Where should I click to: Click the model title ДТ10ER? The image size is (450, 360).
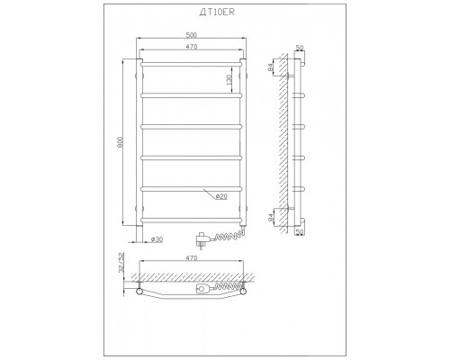pyautogui.click(x=217, y=12)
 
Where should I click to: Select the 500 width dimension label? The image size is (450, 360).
pyautogui.click(x=191, y=35)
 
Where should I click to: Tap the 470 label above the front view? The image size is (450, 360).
pyautogui.click(x=191, y=47)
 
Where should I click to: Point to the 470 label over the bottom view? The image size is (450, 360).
pyautogui.click(x=191, y=258)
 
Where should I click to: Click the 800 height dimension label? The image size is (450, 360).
pyautogui.click(x=120, y=142)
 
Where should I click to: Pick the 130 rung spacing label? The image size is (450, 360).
pyautogui.click(x=229, y=79)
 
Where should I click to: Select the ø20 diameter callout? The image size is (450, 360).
pyautogui.click(x=221, y=197)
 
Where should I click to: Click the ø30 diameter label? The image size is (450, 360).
pyautogui.click(x=157, y=239)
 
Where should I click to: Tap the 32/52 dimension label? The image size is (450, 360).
pyautogui.click(x=121, y=262)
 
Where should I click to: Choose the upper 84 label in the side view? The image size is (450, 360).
pyautogui.click(x=271, y=67)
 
